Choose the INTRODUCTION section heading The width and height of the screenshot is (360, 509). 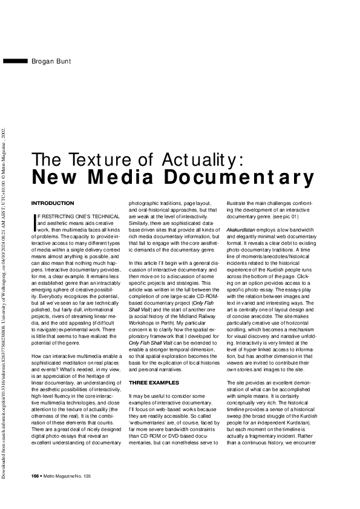click(x=52, y=203)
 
